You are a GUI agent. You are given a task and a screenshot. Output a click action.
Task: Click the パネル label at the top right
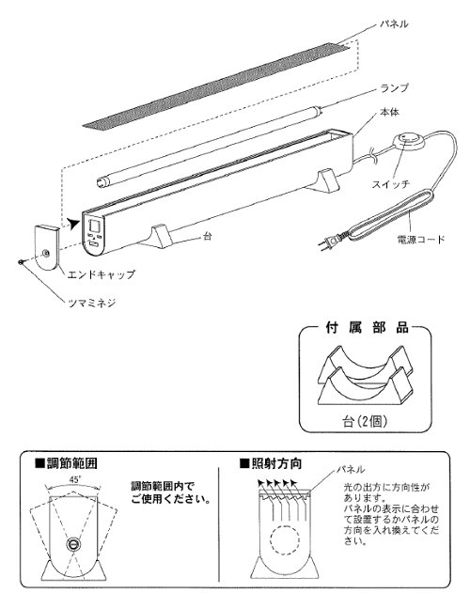coord(394,23)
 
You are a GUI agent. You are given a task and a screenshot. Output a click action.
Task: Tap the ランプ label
coord(394,88)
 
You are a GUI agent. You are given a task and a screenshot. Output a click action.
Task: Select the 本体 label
coord(389,113)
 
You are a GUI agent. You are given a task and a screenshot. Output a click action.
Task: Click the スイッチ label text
coord(391,184)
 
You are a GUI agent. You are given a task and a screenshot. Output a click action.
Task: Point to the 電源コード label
coord(420,239)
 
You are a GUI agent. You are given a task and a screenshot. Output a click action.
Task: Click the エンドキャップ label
coord(101,274)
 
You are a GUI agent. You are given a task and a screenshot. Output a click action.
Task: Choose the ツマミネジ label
coord(91,303)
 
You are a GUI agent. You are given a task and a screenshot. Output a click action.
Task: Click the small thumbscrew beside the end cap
coord(22,261)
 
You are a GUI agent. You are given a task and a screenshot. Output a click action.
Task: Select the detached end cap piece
coord(47,247)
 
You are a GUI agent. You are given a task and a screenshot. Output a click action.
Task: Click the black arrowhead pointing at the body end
coord(73,223)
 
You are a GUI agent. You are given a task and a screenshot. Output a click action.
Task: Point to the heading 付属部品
coord(367,327)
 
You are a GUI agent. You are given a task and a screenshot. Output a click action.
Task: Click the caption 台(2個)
coord(365,421)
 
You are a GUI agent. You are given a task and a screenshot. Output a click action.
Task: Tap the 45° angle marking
coord(74,479)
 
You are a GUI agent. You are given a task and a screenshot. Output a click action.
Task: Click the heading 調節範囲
coord(67,463)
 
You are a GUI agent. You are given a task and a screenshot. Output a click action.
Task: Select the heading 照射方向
coord(271,463)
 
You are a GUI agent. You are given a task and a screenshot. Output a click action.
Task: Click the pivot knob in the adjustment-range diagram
coord(73,544)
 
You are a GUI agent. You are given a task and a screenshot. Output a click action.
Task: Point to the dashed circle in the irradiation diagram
coord(285,539)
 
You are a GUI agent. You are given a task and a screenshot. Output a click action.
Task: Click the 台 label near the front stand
coord(207,237)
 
